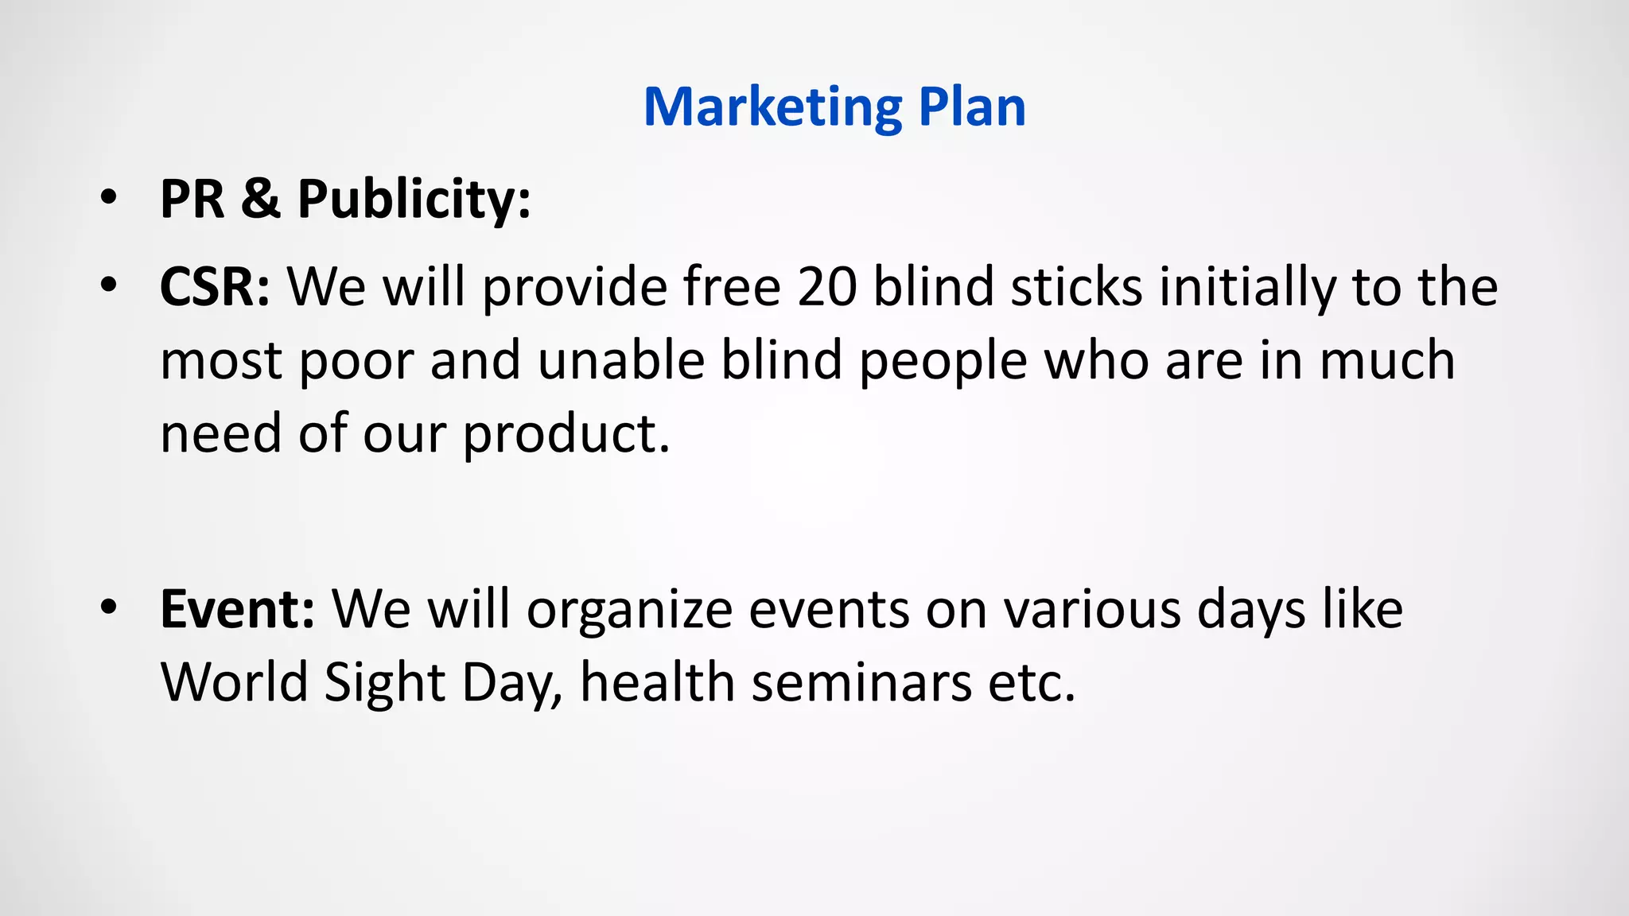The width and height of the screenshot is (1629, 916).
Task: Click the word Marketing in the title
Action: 772,107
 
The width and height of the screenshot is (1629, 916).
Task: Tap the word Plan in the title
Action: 971,107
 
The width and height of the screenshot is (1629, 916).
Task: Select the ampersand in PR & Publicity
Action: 261,198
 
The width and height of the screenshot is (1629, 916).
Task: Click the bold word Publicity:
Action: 414,200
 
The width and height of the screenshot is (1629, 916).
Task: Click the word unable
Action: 621,359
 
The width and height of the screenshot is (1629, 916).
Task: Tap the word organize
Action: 629,611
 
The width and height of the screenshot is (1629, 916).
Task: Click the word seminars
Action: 861,682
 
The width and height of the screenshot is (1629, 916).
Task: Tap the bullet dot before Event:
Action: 109,608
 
